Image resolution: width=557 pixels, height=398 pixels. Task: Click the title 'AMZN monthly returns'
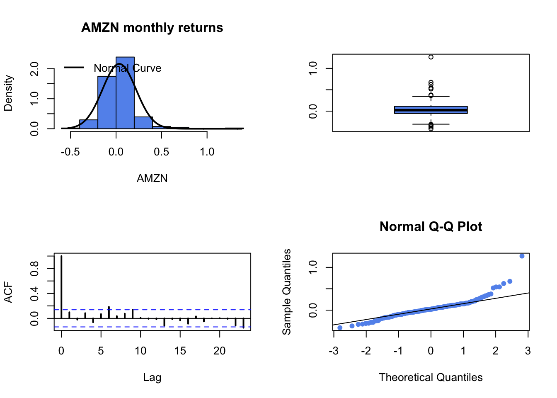(152, 28)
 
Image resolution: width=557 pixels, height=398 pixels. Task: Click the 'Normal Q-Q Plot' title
(431, 227)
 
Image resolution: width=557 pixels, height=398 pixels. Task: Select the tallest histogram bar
(125, 93)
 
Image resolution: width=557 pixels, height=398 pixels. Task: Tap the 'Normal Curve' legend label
(127, 68)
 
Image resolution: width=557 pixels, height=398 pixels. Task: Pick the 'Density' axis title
(8, 93)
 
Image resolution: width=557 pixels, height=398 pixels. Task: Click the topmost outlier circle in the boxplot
(431, 57)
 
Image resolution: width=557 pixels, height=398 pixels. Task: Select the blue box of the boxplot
(431, 110)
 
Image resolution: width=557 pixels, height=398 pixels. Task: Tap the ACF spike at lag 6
(109, 312)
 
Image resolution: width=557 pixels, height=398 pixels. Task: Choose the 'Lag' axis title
(152, 378)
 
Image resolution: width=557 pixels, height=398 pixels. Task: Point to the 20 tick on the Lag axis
(220, 351)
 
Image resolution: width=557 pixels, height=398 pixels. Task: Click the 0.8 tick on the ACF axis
(35, 269)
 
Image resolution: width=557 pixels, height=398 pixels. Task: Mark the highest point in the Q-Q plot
(522, 256)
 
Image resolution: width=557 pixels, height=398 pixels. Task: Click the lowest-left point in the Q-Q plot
(340, 328)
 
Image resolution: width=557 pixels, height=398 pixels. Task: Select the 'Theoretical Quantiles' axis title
(431, 378)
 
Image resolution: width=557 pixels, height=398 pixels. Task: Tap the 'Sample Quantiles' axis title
(287, 292)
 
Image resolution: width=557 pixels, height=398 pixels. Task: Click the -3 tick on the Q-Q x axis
(334, 351)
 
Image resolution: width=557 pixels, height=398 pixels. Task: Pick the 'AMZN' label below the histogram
(152, 179)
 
